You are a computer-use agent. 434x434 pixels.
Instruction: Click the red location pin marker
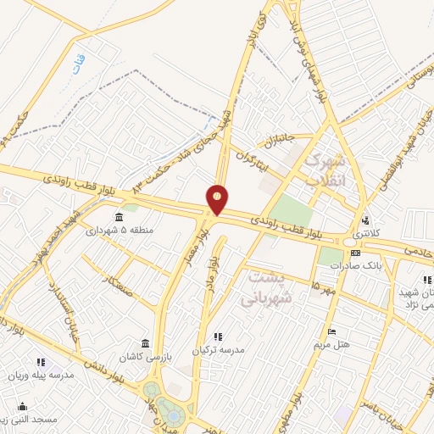(x=218, y=199)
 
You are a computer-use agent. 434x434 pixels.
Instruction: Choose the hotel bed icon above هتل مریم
(x=331, y=331)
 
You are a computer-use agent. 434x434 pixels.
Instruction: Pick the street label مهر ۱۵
(x=323, y=288)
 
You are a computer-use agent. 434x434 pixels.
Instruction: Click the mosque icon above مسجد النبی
(x=41, y=407)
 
